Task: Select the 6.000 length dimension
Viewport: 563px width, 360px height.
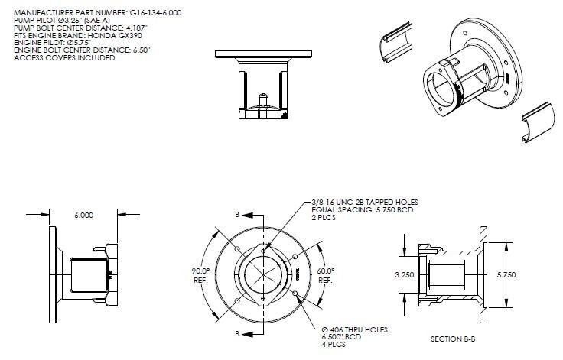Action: pos(84,216)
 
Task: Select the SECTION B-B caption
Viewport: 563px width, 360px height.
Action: pos(457,337)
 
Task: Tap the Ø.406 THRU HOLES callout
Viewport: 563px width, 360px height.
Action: pos(354,329)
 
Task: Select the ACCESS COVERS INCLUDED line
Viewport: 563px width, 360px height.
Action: pos(64,58)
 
